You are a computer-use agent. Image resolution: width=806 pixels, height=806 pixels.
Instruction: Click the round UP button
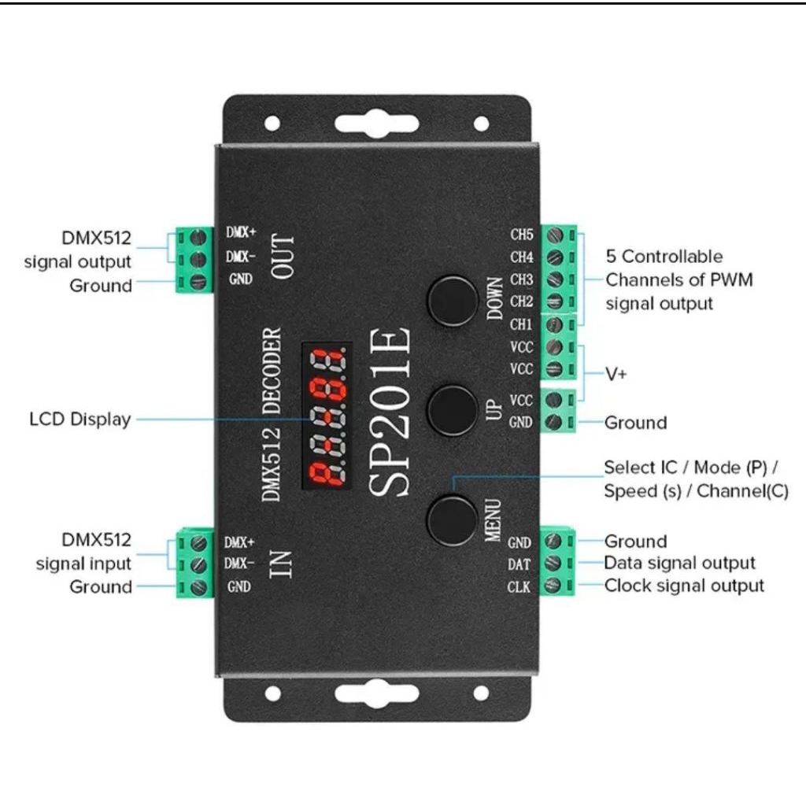click(453, 408)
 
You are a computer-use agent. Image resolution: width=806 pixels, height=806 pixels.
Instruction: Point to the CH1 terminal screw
click(553, 324)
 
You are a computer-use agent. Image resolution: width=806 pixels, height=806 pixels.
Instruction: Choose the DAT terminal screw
click(553, 564)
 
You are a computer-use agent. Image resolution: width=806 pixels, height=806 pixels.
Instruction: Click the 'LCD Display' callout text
click(79, 419)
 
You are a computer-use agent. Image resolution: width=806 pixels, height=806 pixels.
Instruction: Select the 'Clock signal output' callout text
click(684, 586)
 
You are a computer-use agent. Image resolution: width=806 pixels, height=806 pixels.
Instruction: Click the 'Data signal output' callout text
click(679, 563)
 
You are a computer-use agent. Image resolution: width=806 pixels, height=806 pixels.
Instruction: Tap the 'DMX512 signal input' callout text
click(85, 552)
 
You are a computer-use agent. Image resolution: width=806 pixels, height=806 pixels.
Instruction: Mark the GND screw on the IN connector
click(200, 586)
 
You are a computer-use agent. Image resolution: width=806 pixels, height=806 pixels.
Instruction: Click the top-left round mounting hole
click(272, 123)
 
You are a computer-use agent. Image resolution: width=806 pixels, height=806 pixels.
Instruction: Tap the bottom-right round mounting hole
click(482, 693)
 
